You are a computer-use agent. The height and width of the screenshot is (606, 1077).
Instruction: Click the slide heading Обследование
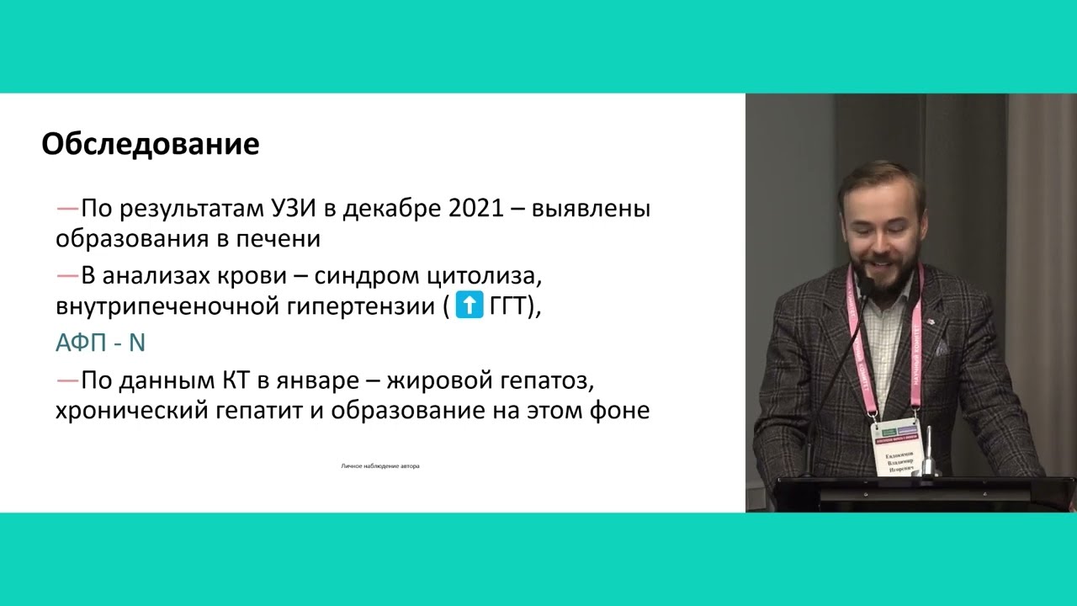[150, 145]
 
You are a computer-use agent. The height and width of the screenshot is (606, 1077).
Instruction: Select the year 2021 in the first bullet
[472, 209]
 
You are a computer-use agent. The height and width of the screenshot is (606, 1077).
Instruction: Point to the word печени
[281, 239]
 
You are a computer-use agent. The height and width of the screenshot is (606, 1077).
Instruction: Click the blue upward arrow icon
[469, 305]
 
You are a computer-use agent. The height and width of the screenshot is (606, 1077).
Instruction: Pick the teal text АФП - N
[101, 343]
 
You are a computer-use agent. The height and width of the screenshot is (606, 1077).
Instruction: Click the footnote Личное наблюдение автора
[380, 465]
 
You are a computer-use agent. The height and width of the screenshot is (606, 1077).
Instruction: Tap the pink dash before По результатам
[67, 209]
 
